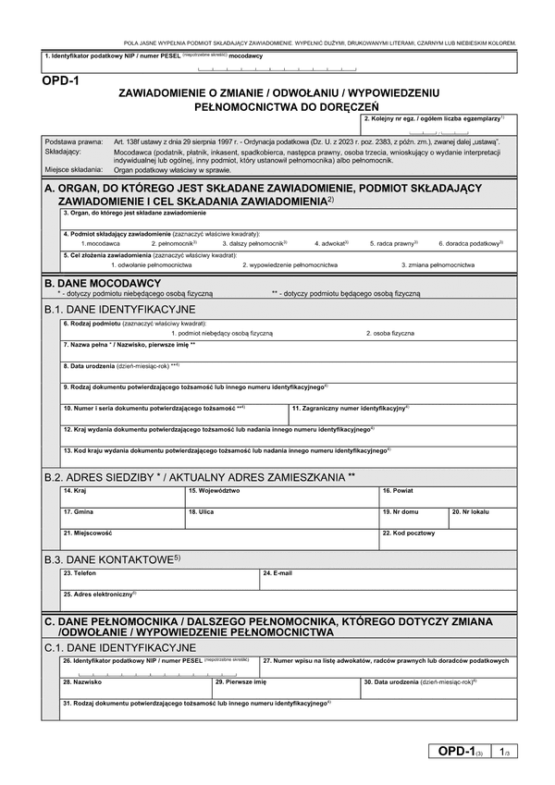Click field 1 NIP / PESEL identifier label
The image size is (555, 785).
[x=153, y=56]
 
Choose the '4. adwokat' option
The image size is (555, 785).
[x=329, y=243]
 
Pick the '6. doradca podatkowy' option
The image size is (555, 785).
[x=470, y=243]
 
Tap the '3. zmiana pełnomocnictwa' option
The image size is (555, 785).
[x=438, y=264]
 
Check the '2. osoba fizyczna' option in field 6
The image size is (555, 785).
[x=389, y=332]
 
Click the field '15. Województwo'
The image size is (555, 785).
[x=282, y=497]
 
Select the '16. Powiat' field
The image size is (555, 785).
[x=448, y=497]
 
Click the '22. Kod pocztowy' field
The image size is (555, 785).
[x=448, y=542]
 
